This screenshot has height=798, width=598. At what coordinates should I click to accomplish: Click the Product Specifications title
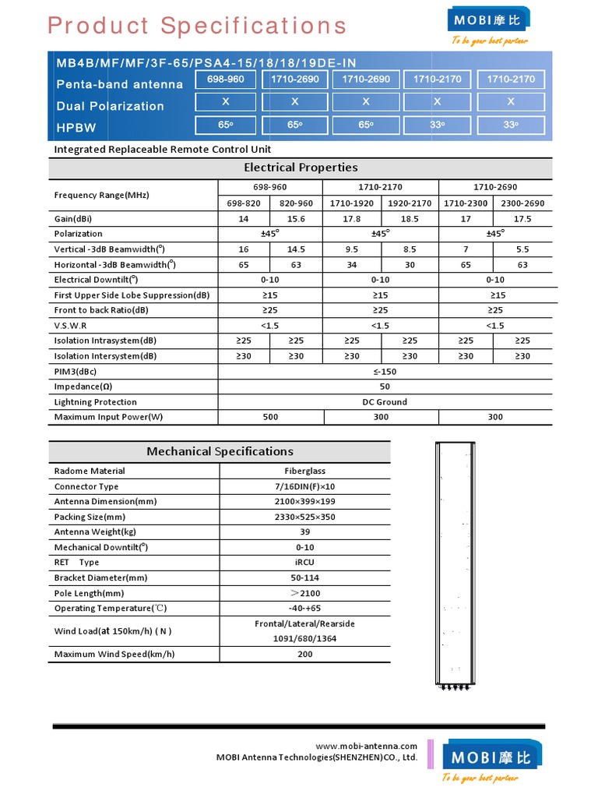coord(197,26)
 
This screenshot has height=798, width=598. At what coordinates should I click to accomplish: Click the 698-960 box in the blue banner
coord(225,79)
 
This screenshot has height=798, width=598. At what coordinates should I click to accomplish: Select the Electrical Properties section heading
coord(301,168)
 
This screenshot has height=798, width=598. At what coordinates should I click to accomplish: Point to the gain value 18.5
coord(410,219)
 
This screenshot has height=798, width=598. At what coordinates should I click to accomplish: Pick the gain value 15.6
coord(296,219)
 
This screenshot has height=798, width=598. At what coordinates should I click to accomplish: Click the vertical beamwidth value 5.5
coord(522,249)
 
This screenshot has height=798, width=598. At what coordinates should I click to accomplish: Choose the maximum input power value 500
coord(270,417)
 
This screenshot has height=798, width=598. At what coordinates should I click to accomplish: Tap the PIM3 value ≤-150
coord(385,372)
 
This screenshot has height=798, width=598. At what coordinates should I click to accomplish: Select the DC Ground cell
coord(385,402)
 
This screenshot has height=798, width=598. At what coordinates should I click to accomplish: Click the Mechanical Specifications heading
coord(220,451)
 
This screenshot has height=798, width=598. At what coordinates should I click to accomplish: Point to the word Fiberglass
coord(305,471)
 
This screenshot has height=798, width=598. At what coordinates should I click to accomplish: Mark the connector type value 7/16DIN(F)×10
coord(305,486)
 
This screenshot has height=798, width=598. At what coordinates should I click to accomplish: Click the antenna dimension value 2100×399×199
coord(305,502)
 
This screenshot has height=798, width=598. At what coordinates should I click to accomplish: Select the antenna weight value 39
coord(305,532)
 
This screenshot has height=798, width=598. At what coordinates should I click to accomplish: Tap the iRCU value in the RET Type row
coord(305,563)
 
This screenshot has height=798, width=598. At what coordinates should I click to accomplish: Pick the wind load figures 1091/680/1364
coord(305,639)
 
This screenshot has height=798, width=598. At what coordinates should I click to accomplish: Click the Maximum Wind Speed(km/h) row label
coord(114,655)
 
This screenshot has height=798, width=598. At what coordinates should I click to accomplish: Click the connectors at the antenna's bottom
coord(454,687)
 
